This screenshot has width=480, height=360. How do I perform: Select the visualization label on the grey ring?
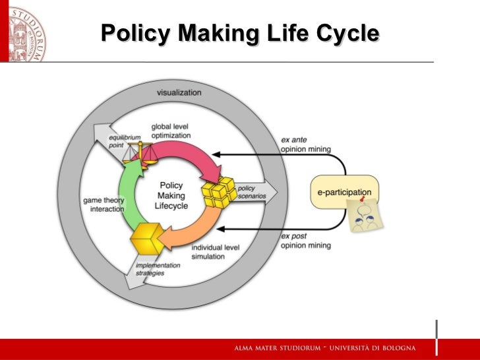[x=179, y=92]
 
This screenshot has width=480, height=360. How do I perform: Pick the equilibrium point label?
[x=125, y=141]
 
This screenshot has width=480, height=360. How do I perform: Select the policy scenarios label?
[x=246, y=193]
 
